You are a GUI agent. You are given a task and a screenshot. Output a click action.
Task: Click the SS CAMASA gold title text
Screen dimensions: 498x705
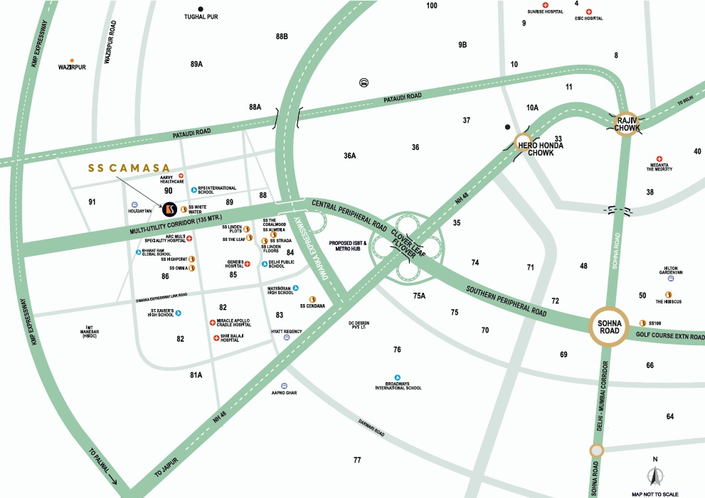[129, 168]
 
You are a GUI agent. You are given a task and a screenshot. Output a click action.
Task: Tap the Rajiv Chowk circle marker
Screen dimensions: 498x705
[627, 122]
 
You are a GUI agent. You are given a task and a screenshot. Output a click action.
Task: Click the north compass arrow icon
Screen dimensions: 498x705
[655, 477]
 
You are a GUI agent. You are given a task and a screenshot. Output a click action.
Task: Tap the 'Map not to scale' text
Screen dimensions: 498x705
[654, 493]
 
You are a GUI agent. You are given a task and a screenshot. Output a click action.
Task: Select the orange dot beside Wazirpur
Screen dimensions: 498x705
[71, 60]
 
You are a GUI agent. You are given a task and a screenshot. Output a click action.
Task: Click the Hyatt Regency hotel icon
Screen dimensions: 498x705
[286, 338]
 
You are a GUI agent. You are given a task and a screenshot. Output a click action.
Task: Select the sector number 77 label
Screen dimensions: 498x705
[357, 460]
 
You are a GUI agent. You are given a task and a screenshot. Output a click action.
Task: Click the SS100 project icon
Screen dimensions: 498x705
[642, 323]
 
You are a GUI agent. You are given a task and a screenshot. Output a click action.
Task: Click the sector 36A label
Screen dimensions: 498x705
[349, 156]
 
